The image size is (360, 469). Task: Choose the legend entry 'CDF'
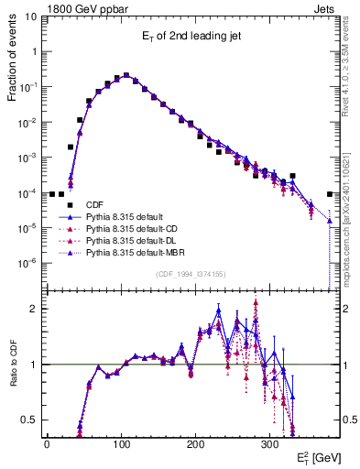pyautogui.click(x=94, y=204)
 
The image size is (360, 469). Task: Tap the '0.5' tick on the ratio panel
pyautogui.click(x=29, y=420)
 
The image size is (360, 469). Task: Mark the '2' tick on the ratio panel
pyautogui.click(x=33, y=309)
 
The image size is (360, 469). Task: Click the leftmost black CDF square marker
pyautogui.click(x=52, y=194)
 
